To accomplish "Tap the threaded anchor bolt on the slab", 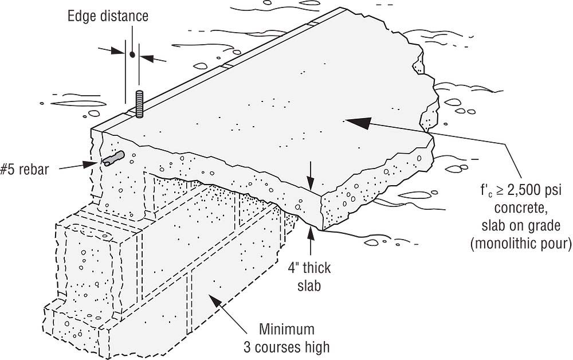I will [139, 103].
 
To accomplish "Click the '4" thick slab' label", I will [309, 276].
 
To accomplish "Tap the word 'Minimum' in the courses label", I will [286, 330].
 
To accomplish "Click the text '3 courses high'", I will [286, 347].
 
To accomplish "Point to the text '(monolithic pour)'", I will [521, 243].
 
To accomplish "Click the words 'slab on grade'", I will [521, 225].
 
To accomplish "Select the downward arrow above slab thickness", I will [310, 183].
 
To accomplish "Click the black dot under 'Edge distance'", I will [132, 55].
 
